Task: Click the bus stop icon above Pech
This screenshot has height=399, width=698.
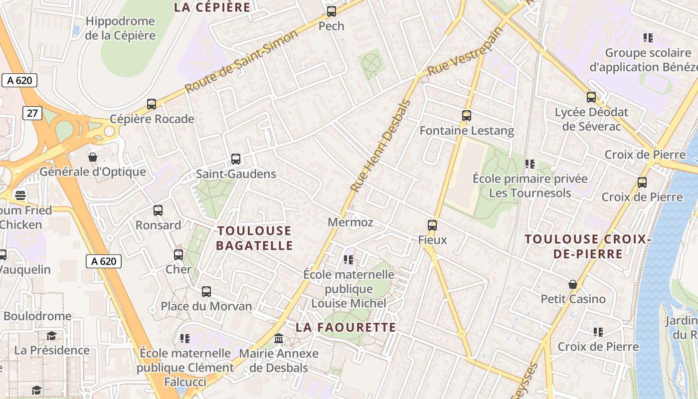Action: [332, 11]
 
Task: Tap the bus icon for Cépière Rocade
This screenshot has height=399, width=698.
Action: [152, 104]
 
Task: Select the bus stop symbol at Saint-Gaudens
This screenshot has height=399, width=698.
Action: [236, 159]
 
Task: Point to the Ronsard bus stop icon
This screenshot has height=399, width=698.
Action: [158, 210]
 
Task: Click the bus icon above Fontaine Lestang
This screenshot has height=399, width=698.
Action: [467, 116]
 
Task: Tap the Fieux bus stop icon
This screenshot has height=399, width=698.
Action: [432, 225]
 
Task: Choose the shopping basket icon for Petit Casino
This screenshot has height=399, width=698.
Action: [573, 284]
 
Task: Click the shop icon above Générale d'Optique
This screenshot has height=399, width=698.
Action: [93, 157]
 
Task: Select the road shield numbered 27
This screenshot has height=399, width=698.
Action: [32, 113]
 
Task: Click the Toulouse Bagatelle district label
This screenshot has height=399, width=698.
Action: [254, 238]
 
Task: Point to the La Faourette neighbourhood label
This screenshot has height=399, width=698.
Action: [346, 328]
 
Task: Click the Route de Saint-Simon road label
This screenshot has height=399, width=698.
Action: [242, 61]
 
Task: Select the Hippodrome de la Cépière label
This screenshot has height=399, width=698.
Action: [120, 28]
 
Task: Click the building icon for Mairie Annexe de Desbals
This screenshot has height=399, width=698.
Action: [279, 339]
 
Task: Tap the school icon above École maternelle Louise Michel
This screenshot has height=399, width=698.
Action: [349, 259]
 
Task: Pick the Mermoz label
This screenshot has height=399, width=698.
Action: [350, 222]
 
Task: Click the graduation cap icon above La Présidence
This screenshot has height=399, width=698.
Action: [51, 336]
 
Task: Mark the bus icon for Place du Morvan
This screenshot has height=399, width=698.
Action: [206, 292]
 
